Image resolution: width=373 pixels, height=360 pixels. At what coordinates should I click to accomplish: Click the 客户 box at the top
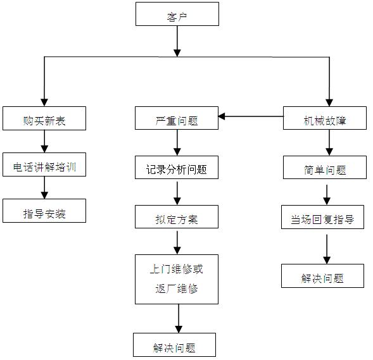177,14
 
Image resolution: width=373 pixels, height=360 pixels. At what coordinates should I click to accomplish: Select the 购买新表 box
44,118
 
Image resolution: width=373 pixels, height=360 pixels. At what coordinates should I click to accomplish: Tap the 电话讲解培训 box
44,164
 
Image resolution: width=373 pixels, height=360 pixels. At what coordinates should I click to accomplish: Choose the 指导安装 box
44,211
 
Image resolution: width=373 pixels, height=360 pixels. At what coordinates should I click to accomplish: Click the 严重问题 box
177,118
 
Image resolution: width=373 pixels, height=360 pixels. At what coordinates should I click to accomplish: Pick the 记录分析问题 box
177,168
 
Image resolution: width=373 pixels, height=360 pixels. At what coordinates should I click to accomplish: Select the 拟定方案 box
177,217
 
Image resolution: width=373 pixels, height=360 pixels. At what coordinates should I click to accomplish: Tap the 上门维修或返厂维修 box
177,280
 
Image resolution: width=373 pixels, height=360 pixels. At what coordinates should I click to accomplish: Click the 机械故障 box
325,118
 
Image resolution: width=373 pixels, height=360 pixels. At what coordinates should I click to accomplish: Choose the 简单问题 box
325,168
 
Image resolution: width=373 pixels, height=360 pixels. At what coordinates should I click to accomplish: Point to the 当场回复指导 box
322,217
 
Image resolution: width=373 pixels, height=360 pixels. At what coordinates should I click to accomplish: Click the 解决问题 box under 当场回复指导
322,276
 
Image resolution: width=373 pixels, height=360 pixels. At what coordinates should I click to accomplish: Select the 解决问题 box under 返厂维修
174,345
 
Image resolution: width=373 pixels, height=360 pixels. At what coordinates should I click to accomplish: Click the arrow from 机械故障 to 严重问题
251,116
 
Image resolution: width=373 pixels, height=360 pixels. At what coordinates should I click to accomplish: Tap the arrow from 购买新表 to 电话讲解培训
44,141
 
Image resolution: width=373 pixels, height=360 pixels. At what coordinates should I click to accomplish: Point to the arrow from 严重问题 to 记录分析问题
177,142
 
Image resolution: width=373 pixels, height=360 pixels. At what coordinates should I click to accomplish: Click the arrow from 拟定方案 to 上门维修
177,242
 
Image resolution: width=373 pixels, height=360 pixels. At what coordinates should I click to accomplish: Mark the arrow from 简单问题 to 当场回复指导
327,195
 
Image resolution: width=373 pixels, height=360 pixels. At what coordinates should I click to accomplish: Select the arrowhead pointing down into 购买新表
44,102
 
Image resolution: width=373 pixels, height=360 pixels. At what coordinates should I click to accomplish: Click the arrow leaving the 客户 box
177,41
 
